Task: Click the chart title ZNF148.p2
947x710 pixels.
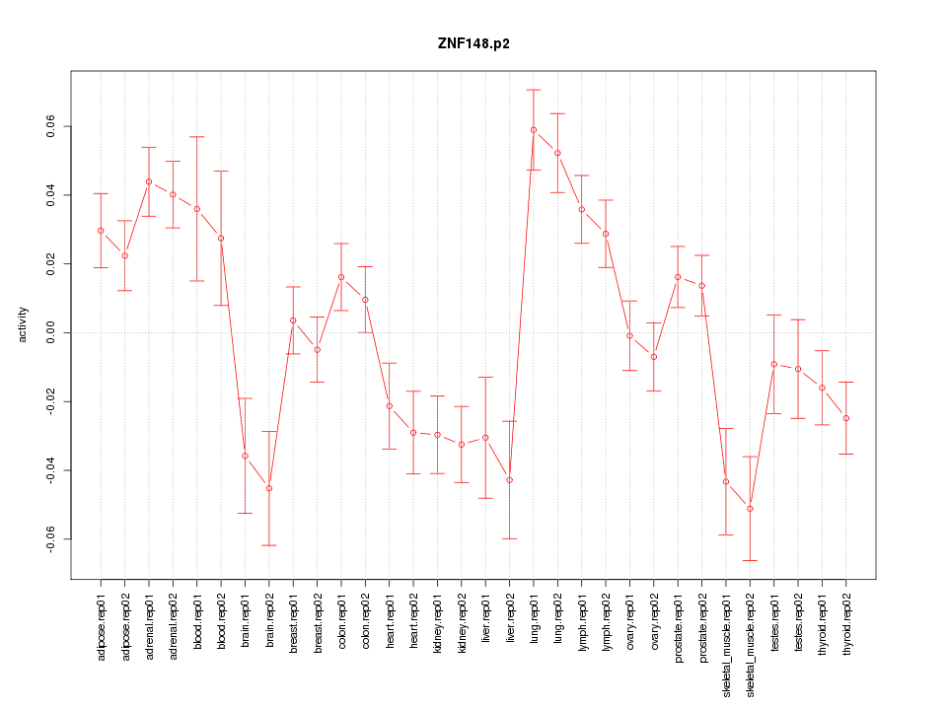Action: coord(473,43)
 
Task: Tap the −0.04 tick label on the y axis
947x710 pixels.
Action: coord(51,470)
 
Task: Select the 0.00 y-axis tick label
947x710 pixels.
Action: coord(51,332)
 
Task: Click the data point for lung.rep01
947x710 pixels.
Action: coord(534,129)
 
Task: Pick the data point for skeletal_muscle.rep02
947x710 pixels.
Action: coord(750,509)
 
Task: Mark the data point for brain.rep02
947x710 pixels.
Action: coord(269,488)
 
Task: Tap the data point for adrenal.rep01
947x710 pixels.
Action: coord(149,181)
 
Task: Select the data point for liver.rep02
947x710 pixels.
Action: coord(510,479)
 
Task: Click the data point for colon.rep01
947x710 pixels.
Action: coord(341,277)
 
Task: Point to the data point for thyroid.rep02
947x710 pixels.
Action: coord(846,418)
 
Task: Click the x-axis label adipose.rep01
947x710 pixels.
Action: coord(101,621)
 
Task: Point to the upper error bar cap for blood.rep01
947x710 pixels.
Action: coord(197,137)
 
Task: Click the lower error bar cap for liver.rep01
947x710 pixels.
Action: coord(485,498)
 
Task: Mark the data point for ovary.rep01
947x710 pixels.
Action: coord(629,335)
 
